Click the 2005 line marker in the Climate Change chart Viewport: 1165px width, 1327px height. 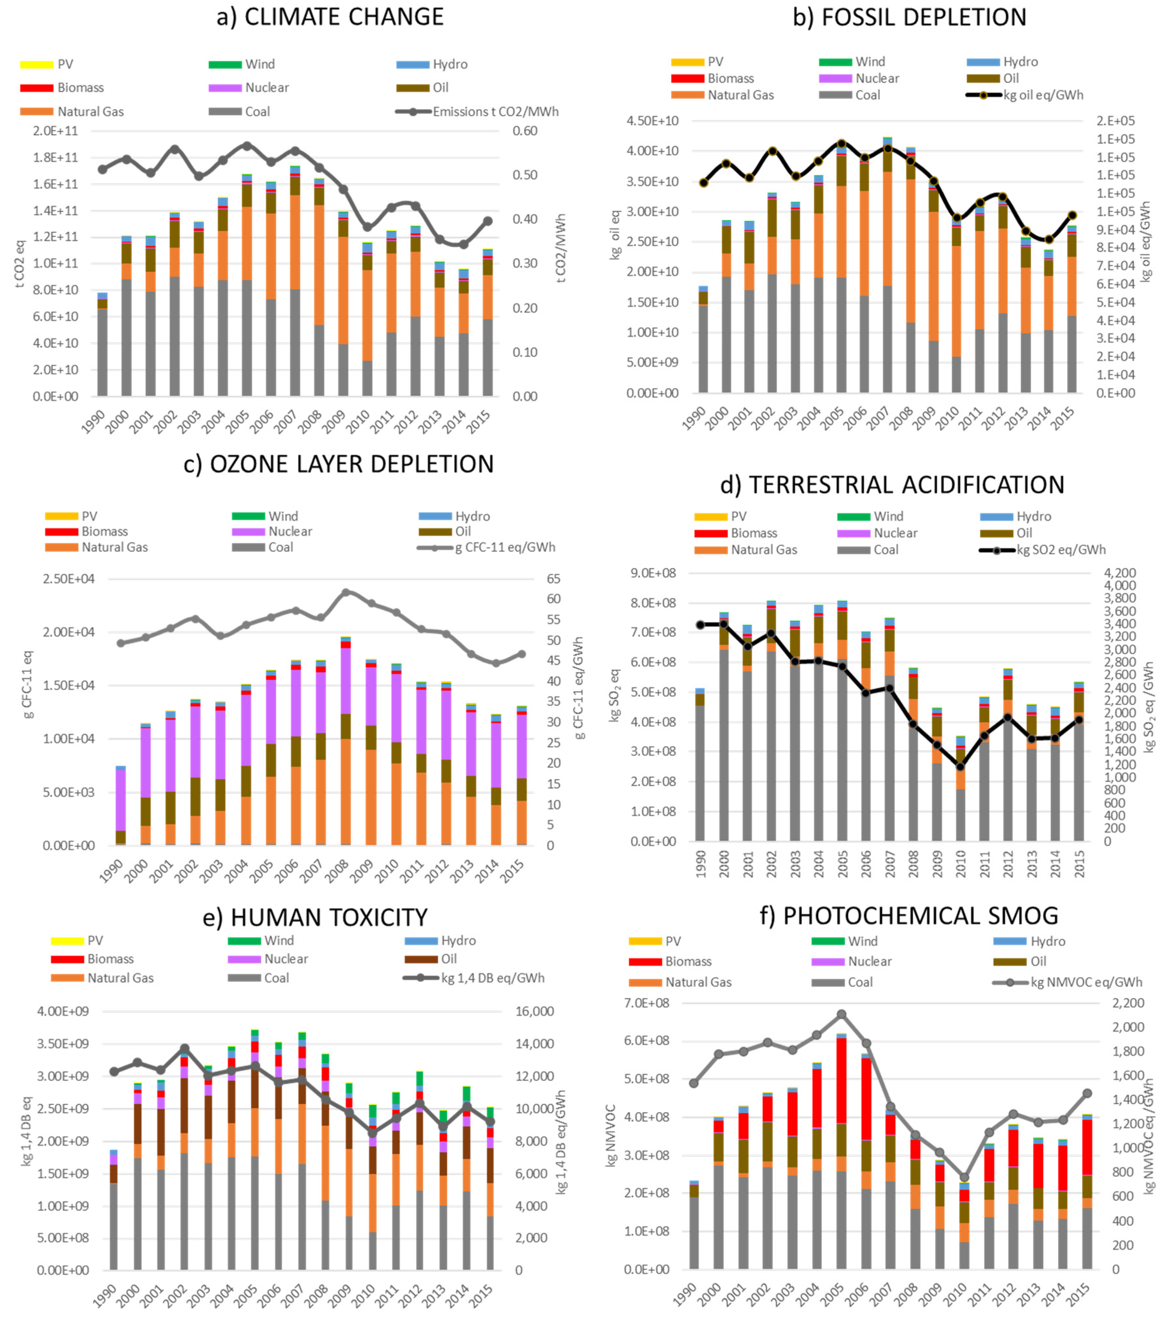247,146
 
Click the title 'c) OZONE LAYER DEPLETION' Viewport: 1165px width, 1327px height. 338,464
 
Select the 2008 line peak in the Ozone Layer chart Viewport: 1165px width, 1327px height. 346,592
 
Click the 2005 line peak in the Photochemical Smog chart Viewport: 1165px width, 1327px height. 841,1014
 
